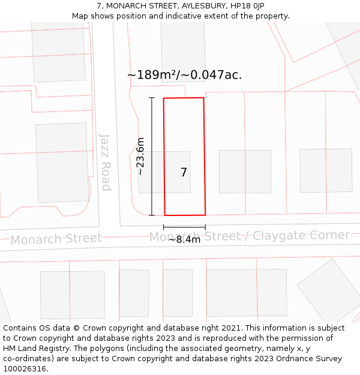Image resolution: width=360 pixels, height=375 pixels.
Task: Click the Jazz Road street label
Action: pyautogui.click(x=106, y=162)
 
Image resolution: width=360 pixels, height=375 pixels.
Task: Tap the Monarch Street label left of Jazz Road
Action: pyautogui.click(x=56, y=239)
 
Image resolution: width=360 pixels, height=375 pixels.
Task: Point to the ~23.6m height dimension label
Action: pyautogui.click(x=140, y=156)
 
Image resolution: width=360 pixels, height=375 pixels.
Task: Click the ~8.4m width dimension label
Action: pyautogui.click(x=184, y=239)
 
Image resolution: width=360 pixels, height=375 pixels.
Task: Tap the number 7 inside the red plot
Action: pyautogui.click(x=184, y=172)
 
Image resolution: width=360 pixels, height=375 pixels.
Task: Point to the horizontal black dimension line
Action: pyautogui.click(x=184, y=227)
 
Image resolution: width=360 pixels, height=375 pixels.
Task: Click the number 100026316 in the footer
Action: pyautogui.click(x=24, y=368)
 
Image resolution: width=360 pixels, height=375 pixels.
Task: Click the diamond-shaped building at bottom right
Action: pyautogui.click(x=329, y=290)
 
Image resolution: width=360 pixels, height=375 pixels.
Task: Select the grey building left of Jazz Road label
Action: pyautogui.click(x=62, y=154)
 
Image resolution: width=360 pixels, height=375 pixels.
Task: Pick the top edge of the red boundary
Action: pyautogui.click(x=184, y=98)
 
